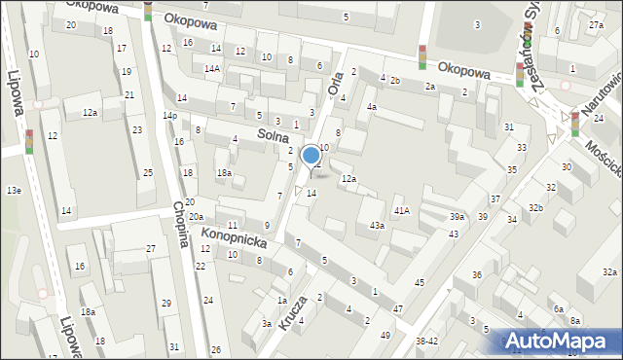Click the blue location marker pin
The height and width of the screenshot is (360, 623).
[x=311, y=156]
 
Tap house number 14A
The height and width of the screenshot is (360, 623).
[x=211, y=69]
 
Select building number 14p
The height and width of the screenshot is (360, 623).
[x=170, y=116]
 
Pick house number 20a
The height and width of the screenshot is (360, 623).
[x=197, y=217]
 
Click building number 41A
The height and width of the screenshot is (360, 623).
[x=401, y=210]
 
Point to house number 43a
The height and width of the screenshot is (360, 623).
[x=377, y=226]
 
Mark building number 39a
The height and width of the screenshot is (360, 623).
[x=457, y=216]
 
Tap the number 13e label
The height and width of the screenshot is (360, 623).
[x=13, y=190]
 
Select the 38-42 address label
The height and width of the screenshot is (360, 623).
[x=427, y=342]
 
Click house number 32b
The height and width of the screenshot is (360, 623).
[x=535, y=208]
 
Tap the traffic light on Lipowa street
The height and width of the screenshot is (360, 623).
[x=29, y=142]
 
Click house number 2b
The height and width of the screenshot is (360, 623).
[x=395, y=80]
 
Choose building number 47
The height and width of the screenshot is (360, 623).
[x=398, y=308]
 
